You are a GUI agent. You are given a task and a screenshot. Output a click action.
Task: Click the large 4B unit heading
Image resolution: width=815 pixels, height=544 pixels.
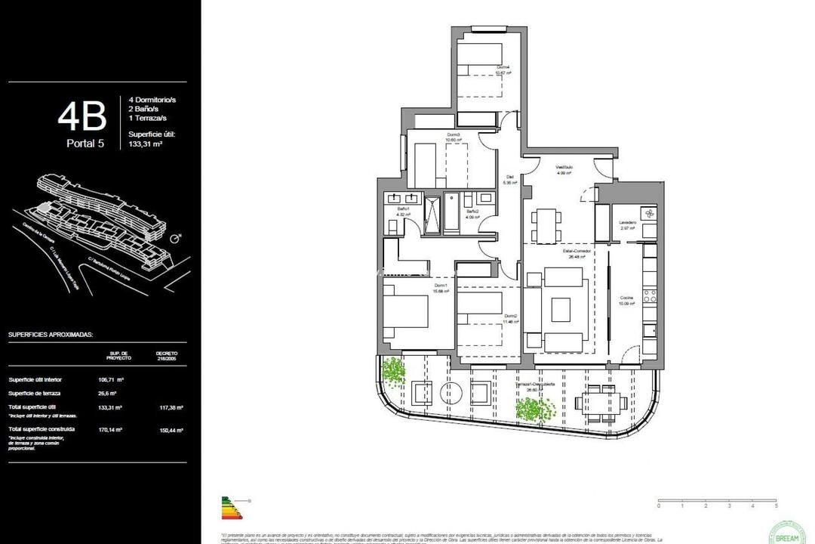click(81, 117)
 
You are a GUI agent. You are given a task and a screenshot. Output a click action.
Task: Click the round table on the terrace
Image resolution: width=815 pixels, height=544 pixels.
click(451, 392)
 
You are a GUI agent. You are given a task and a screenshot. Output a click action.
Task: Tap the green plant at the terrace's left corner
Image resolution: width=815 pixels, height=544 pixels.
click(393, 371)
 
